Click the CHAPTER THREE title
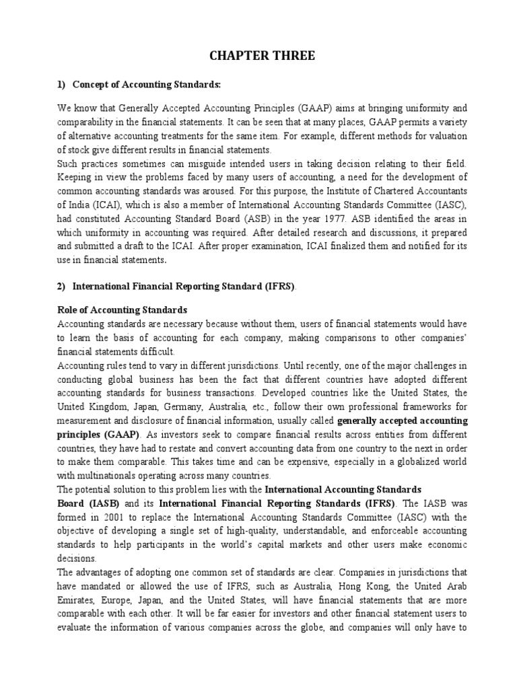(x=258, y=57)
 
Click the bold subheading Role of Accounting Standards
(x=120, y=310)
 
